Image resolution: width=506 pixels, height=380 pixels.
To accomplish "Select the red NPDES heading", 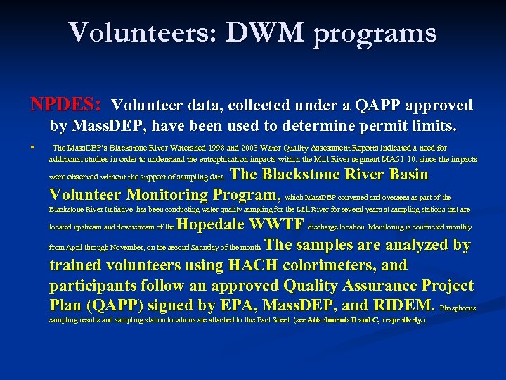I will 66,106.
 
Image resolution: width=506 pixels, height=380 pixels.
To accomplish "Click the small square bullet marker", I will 33,148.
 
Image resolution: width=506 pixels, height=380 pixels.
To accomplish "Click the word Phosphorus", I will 458,308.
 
